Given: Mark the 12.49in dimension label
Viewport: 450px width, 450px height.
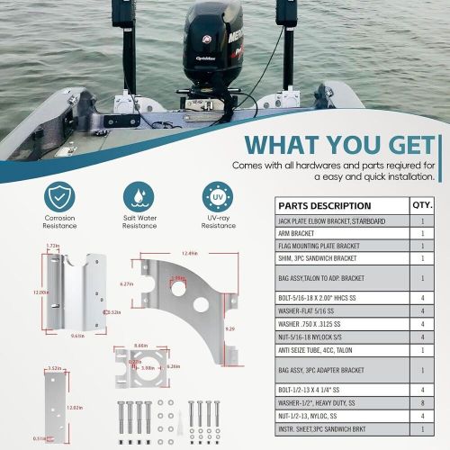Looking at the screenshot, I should [188, 253].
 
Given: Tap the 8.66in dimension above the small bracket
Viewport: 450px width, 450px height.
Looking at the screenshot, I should [139, 345].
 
